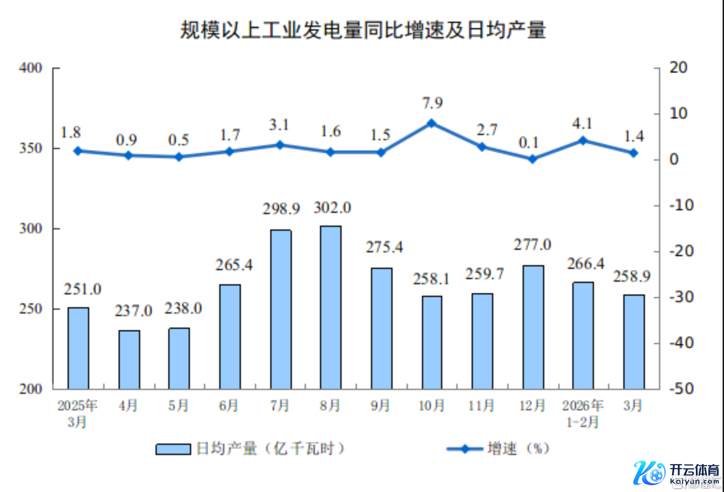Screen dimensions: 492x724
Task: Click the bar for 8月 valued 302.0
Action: click(331, 307)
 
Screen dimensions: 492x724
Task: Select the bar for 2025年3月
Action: click(78, 348)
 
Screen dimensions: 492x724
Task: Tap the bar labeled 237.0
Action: click(129, 360)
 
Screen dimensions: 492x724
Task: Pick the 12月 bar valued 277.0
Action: click(533, 327)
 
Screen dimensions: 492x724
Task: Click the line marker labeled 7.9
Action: click(431, 123)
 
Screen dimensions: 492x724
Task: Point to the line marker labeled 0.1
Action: click(532, 159)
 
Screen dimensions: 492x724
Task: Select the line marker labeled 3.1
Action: click(280, 145)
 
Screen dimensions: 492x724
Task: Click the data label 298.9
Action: click(281, 209)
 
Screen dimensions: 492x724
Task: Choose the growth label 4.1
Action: click(582, 124)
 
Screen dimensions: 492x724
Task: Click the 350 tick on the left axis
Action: click(31, 148)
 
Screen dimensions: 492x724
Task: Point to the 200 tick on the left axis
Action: click(31, 389)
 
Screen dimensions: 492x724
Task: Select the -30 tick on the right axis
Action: click(681, 297)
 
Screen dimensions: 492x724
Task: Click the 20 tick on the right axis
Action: click(678, 68)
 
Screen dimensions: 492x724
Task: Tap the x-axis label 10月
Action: click(431, 406)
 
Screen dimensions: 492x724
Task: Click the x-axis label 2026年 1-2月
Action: click(583, 414)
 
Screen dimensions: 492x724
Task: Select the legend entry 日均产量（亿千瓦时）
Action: click(250, 449)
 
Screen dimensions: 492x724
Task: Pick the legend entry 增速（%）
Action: click(499, 449)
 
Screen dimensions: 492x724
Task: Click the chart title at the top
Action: click(363, 30)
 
